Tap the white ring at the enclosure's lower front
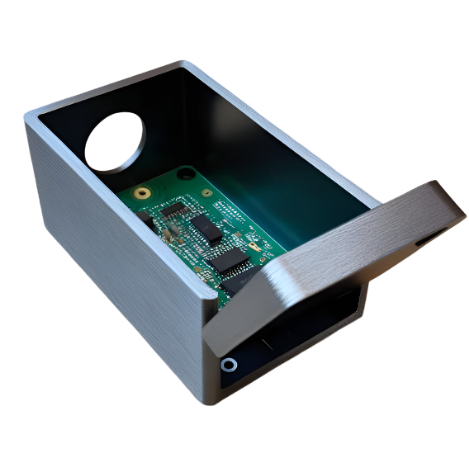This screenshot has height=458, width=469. coord(229,365)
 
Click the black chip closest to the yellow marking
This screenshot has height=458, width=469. coord(227,262)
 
